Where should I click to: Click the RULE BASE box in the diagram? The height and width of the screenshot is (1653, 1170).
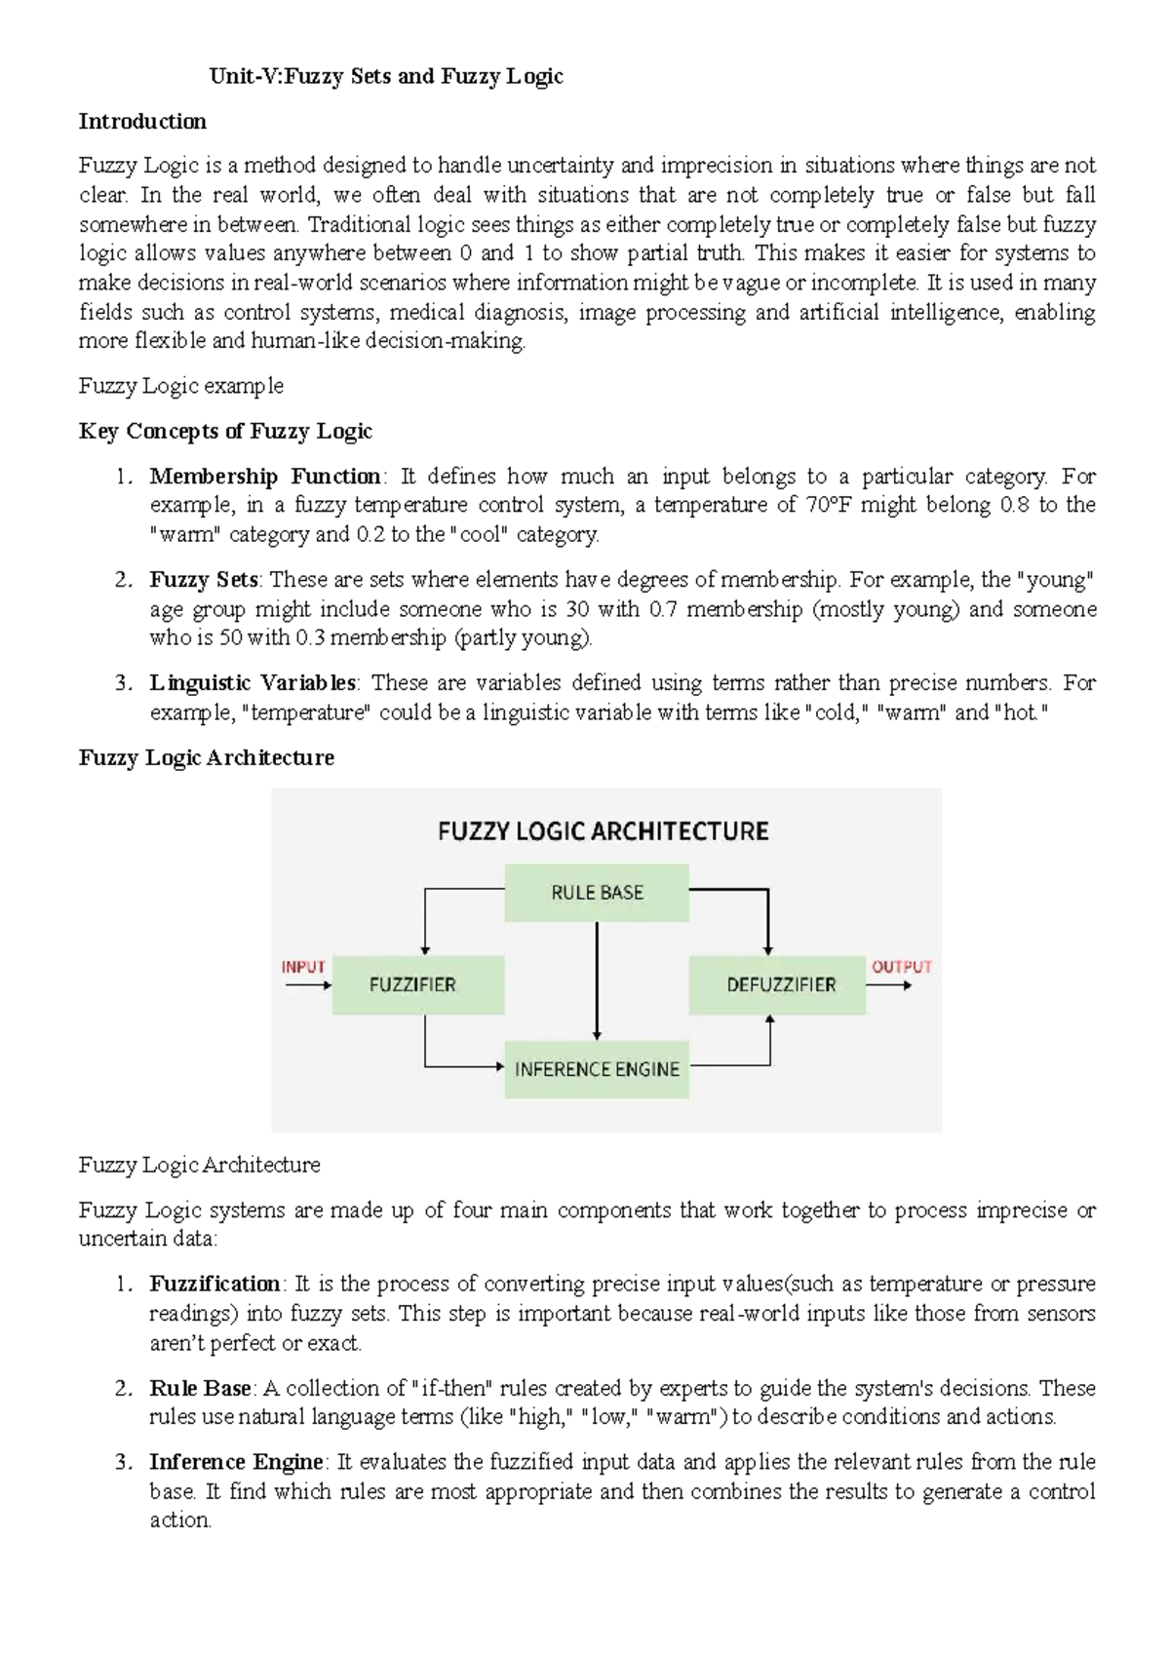[597, 893]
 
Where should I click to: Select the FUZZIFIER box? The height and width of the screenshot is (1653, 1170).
[417, 984]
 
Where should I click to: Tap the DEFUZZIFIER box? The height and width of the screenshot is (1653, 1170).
[778, 984]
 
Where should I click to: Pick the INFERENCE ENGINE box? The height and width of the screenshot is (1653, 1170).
[597, 1069]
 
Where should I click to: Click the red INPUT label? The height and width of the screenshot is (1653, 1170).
[303, 967]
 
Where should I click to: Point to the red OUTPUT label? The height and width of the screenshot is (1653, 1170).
[901, 967]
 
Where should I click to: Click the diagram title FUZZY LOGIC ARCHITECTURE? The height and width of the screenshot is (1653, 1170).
[603, 831]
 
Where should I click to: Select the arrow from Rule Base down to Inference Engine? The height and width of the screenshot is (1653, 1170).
[597, 980]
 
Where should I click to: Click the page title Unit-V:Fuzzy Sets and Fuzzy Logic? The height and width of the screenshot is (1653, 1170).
[387, 76]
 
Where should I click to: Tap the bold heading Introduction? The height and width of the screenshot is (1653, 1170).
[142, 122]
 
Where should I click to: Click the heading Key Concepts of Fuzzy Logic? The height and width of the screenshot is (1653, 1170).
[225, 431]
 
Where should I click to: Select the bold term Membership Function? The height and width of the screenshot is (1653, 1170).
[264, 477]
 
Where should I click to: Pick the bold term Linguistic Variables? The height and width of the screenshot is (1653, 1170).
[253, 683]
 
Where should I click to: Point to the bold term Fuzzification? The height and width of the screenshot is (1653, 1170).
[214, 1284]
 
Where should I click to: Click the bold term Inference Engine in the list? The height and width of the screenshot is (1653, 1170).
[236, 1462]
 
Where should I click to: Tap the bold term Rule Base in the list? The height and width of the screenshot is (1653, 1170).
[200, 1388]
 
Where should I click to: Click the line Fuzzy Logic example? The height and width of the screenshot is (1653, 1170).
[180, 386]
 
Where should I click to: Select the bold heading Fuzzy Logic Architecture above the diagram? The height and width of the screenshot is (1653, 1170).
[206, 757]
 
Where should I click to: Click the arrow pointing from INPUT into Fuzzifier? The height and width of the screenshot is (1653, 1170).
[308, 985]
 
